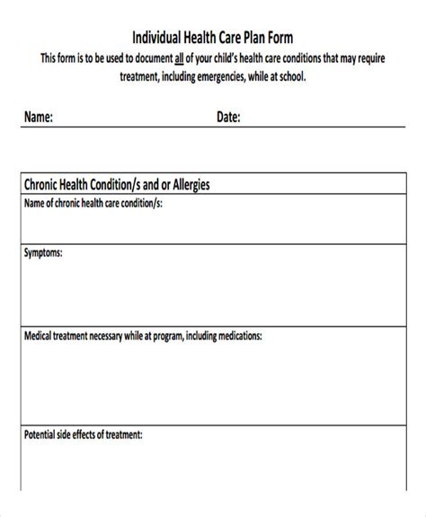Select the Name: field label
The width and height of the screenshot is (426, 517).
pyautogui.click(x=39, y=117)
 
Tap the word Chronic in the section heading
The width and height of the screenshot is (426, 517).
pyautogui.click(x=41, y=186)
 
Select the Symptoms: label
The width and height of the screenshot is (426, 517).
pyautogui.click(x=43, y=255)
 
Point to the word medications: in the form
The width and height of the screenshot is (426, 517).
pyautogui.click(x=235, y=337)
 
